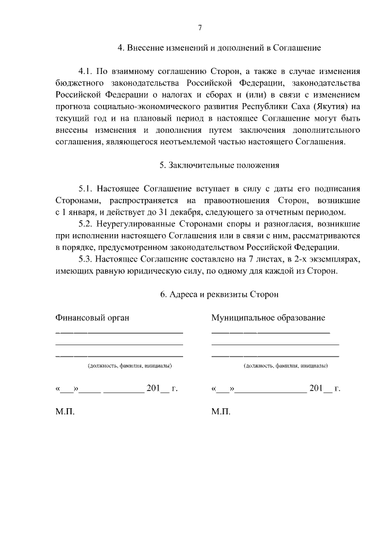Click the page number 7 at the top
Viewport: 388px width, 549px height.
199,27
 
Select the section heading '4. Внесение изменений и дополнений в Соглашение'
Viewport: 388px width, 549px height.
219,47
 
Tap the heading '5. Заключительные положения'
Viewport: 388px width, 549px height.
219,165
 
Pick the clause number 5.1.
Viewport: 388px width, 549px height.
87,189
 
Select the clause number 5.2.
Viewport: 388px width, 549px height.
87,224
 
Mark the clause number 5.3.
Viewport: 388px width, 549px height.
87,259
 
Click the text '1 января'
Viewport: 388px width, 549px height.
79,212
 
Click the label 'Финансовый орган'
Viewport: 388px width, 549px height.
92,317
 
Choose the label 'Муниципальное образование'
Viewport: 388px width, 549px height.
268,317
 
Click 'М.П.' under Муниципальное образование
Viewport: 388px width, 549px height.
221,411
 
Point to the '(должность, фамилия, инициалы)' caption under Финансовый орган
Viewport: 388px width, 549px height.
129,366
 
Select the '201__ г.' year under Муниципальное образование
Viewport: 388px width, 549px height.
324,388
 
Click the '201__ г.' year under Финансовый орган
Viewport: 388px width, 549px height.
161,388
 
